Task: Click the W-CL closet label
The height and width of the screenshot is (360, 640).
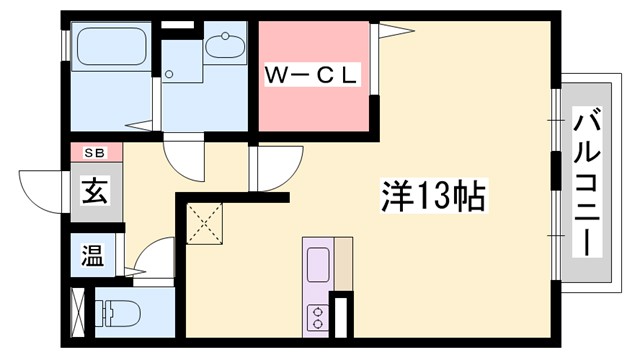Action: tap(311, 73)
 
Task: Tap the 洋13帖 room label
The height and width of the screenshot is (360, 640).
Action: tap(432, 194)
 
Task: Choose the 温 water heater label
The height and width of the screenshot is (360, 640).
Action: tap(92, 254)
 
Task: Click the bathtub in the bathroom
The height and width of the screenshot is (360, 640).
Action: tap(111, 49)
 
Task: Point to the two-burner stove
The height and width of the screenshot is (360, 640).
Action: tap(318, 316)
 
